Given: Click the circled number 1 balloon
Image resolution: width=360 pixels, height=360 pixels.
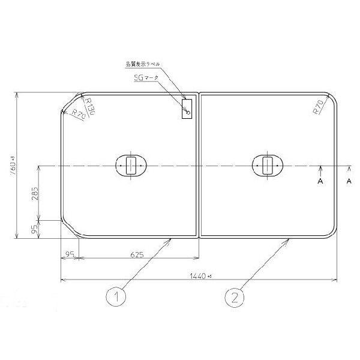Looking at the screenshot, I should pyautogui.click(x=116, y=295).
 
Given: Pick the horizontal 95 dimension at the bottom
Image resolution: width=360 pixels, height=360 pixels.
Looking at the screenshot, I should pyautogui.click(x=70, y=255).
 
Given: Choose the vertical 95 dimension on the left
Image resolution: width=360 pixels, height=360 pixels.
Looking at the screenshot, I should pyautogui.click(x=35, y=228).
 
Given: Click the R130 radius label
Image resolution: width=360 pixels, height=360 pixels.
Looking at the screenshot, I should pyautogui.click(x=89, y=108).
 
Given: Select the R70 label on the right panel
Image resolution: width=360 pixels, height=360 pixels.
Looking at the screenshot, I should pyautogui.click(x=318, y=108).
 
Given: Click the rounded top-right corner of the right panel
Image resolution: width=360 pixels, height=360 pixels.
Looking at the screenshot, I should pyautogui.click(x=332, y=100).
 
